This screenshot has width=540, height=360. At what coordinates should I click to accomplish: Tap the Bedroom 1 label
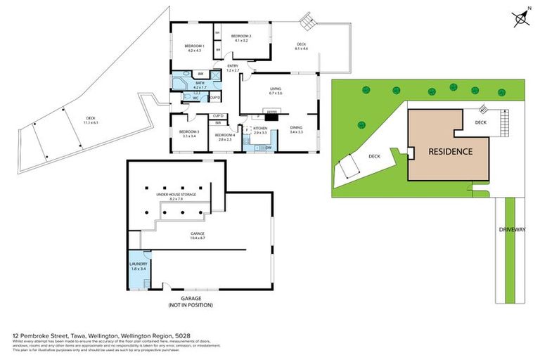point(194,46)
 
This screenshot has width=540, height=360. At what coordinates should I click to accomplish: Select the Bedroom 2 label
point(241,36)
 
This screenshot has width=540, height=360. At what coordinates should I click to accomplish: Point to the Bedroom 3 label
point(188,131)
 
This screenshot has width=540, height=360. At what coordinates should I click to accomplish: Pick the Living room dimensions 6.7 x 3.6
point(275,93)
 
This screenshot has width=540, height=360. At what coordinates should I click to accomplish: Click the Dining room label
point(296,127)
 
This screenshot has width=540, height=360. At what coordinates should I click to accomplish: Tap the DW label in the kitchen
point(269,148)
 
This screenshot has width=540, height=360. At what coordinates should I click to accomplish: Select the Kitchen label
point(261,128)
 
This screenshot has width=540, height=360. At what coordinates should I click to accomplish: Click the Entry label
point(232,66)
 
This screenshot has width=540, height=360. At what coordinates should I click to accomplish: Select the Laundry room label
point(138,264)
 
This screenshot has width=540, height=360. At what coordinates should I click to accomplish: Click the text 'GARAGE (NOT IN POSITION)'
point(190,302)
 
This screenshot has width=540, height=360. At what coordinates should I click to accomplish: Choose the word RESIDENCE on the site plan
point(450,151)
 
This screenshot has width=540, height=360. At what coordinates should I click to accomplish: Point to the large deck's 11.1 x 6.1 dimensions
point(91,122)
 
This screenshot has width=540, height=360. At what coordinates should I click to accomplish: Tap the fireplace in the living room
point(271,110)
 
